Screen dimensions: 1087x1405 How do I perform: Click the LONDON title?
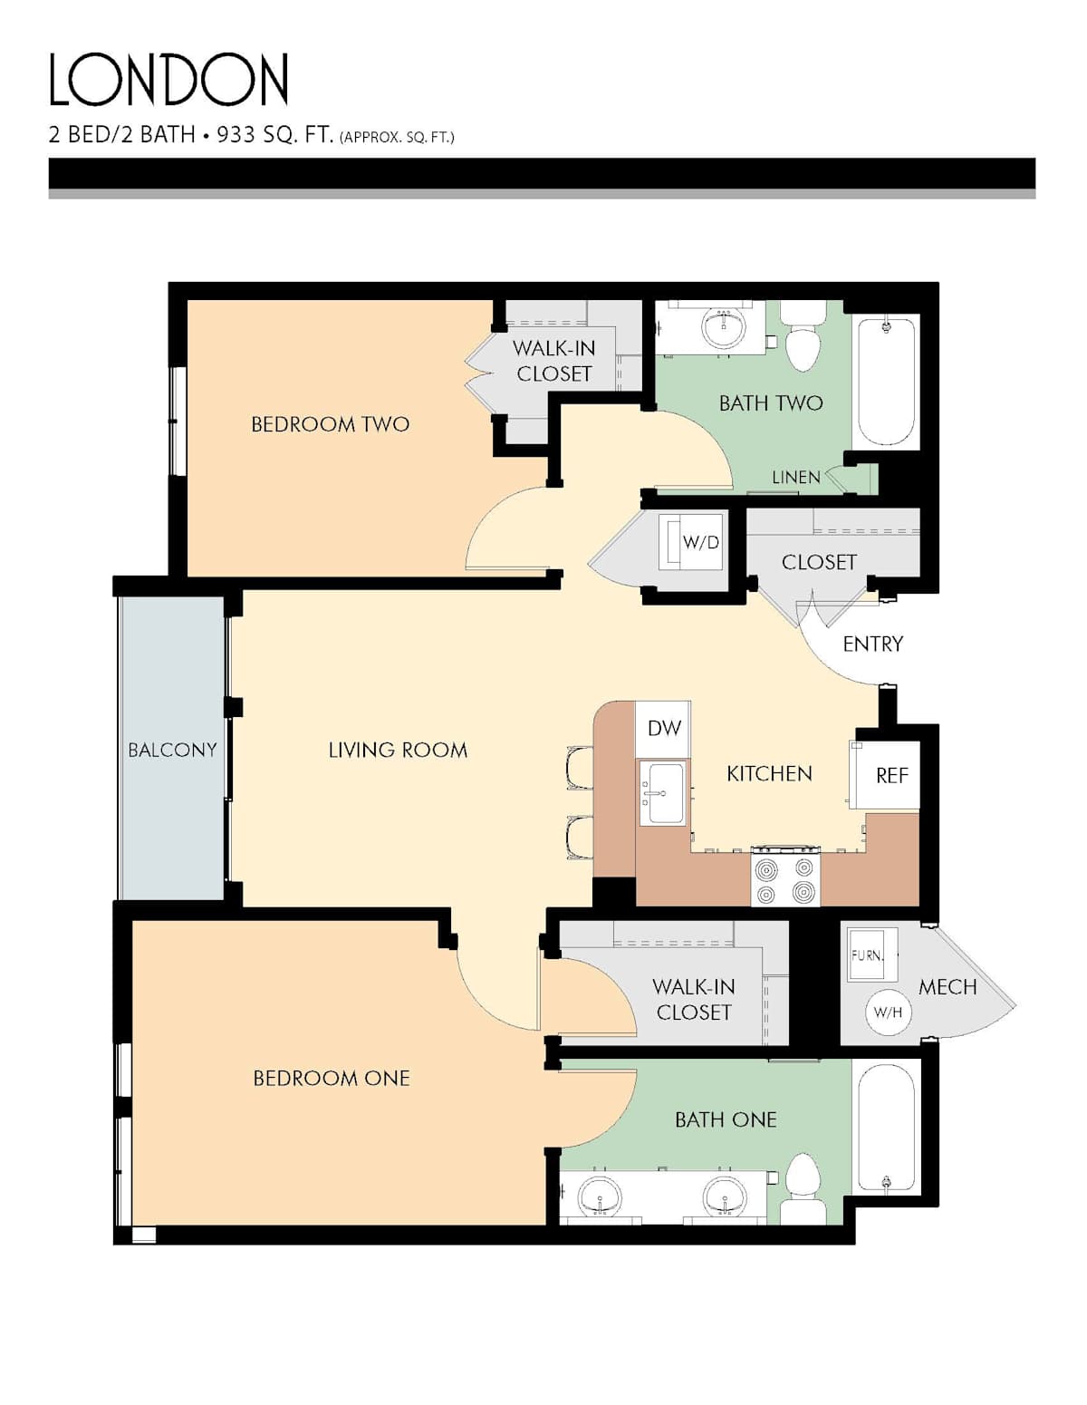click(x=168, y=80)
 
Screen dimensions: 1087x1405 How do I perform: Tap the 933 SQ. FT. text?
click(x=274, y=135)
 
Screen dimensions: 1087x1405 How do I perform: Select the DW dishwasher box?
click(x=663, y=729)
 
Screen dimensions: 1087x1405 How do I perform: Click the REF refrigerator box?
click(x=888, y=775)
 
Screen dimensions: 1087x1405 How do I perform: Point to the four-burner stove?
click(x=784, y=877)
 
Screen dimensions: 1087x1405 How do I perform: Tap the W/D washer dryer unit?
click(x=690, y=542)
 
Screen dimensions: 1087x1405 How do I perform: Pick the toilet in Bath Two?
click(x=803, y=337)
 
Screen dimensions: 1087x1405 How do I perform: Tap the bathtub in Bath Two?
click(x=886, y=382)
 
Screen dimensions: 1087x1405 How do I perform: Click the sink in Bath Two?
click(x=724, y=327)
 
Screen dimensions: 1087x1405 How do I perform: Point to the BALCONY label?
click(x=172, y=750)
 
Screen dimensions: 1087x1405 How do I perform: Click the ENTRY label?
click(x=872, y=644)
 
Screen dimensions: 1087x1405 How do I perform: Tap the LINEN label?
click(x=795, y=477)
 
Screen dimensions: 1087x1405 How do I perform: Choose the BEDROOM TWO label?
click(x=330, y=424)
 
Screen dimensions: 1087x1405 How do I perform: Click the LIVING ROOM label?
click(x=398, y=750)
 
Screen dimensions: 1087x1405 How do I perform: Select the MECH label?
click(x=948, y=986)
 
